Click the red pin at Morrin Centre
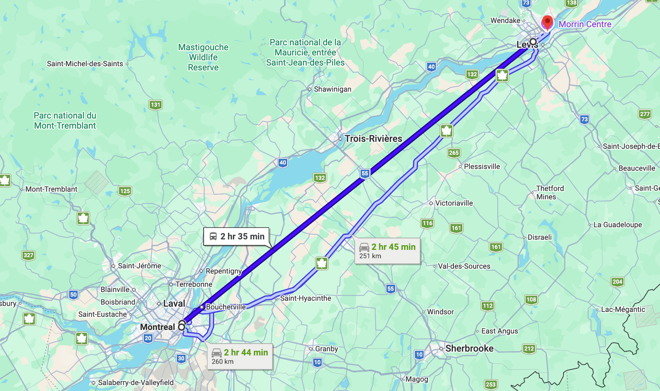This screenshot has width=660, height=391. point(547,22)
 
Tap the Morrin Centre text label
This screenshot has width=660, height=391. point(585,24)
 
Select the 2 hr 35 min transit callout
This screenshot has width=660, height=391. point(237,237)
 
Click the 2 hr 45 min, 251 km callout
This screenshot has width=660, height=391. point(387,251)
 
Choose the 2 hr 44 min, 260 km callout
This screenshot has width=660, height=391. point(240,356)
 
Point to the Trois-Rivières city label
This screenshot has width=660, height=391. point(373,139)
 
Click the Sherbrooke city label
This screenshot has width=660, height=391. point(469,348)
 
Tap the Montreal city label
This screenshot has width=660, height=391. point(157,327)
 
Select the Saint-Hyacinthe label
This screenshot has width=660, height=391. point(305,298)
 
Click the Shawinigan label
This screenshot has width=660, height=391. point(332,89)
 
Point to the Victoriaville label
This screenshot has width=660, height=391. point(454,203)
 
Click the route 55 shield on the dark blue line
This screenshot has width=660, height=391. point(365,173)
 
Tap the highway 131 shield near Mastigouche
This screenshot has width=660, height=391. point(156,105)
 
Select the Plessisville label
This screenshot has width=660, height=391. point(481,167)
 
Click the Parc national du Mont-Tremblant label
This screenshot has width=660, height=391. point(65,121)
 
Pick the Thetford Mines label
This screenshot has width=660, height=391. point(549,192)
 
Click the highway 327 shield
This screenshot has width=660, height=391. point(29,255)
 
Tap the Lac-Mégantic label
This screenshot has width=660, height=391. point(623,309)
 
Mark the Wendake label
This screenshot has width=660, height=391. point(505,21)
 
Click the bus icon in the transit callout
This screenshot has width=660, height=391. point(213,237)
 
